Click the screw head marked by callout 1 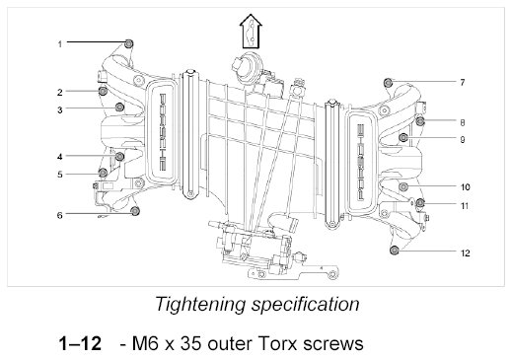(129, 43)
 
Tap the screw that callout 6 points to (135, 211)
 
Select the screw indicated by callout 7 (389, 82)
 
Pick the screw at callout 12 (394, 251)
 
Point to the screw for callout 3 (119, 107)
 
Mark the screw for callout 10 (403, 186)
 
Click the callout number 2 (60, 93)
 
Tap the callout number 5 (60, 175)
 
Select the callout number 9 (463, 140)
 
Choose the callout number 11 (465, 206)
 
